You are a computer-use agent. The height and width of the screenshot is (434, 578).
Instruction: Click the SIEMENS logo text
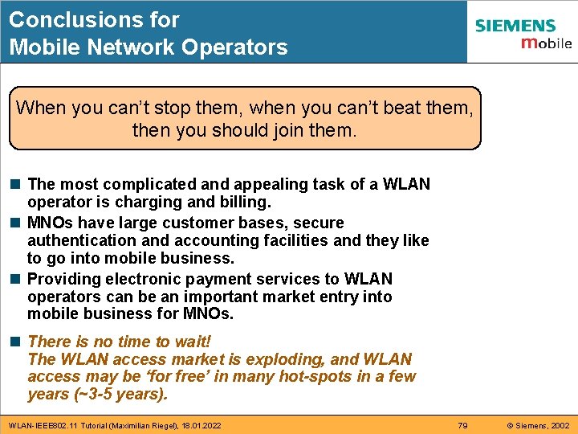click(515, 26)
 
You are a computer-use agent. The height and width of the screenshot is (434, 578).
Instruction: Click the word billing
click(242, 202)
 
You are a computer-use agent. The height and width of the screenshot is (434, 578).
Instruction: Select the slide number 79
click(462, 424)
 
